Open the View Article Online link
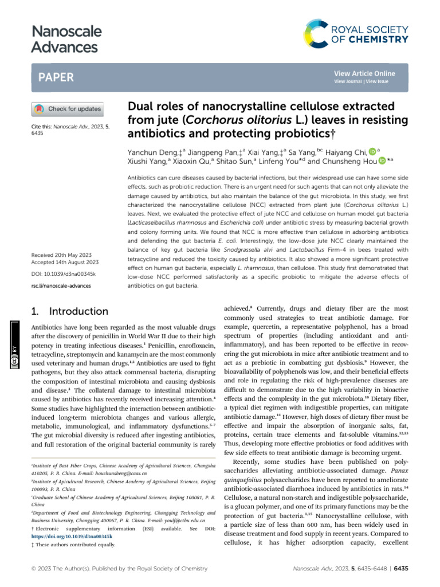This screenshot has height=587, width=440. [364, 73]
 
